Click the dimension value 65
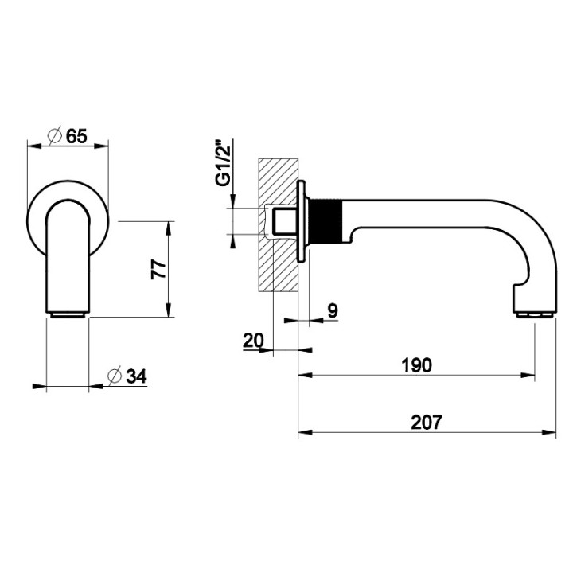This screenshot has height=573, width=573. [76, 136]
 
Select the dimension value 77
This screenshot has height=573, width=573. [158, 269]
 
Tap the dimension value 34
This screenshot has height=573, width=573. [136, 376]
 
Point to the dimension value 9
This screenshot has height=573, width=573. [333, 311]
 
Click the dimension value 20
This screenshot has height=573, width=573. [253, 341]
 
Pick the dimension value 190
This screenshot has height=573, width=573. [416, 365]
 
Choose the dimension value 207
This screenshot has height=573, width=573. [427, 422]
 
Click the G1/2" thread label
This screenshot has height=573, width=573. [224, 162]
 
